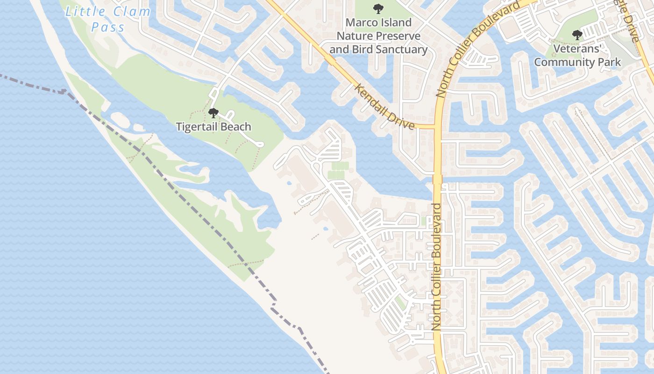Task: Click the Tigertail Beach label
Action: click(213, 127)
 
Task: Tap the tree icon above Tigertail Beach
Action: click(213, 113)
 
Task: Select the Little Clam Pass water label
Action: click(108, 19)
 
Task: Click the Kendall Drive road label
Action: click(384, 107)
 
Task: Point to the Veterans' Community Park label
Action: click(577, 55)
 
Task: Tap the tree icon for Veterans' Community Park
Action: click(577, 35)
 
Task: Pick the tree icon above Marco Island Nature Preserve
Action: click(378, 9)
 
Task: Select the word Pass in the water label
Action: click(108, 27)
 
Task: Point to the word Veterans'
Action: click(577, 49)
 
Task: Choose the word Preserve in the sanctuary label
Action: click(398, 36)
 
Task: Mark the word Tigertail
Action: click(197, 127)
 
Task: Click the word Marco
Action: click(359, 22)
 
